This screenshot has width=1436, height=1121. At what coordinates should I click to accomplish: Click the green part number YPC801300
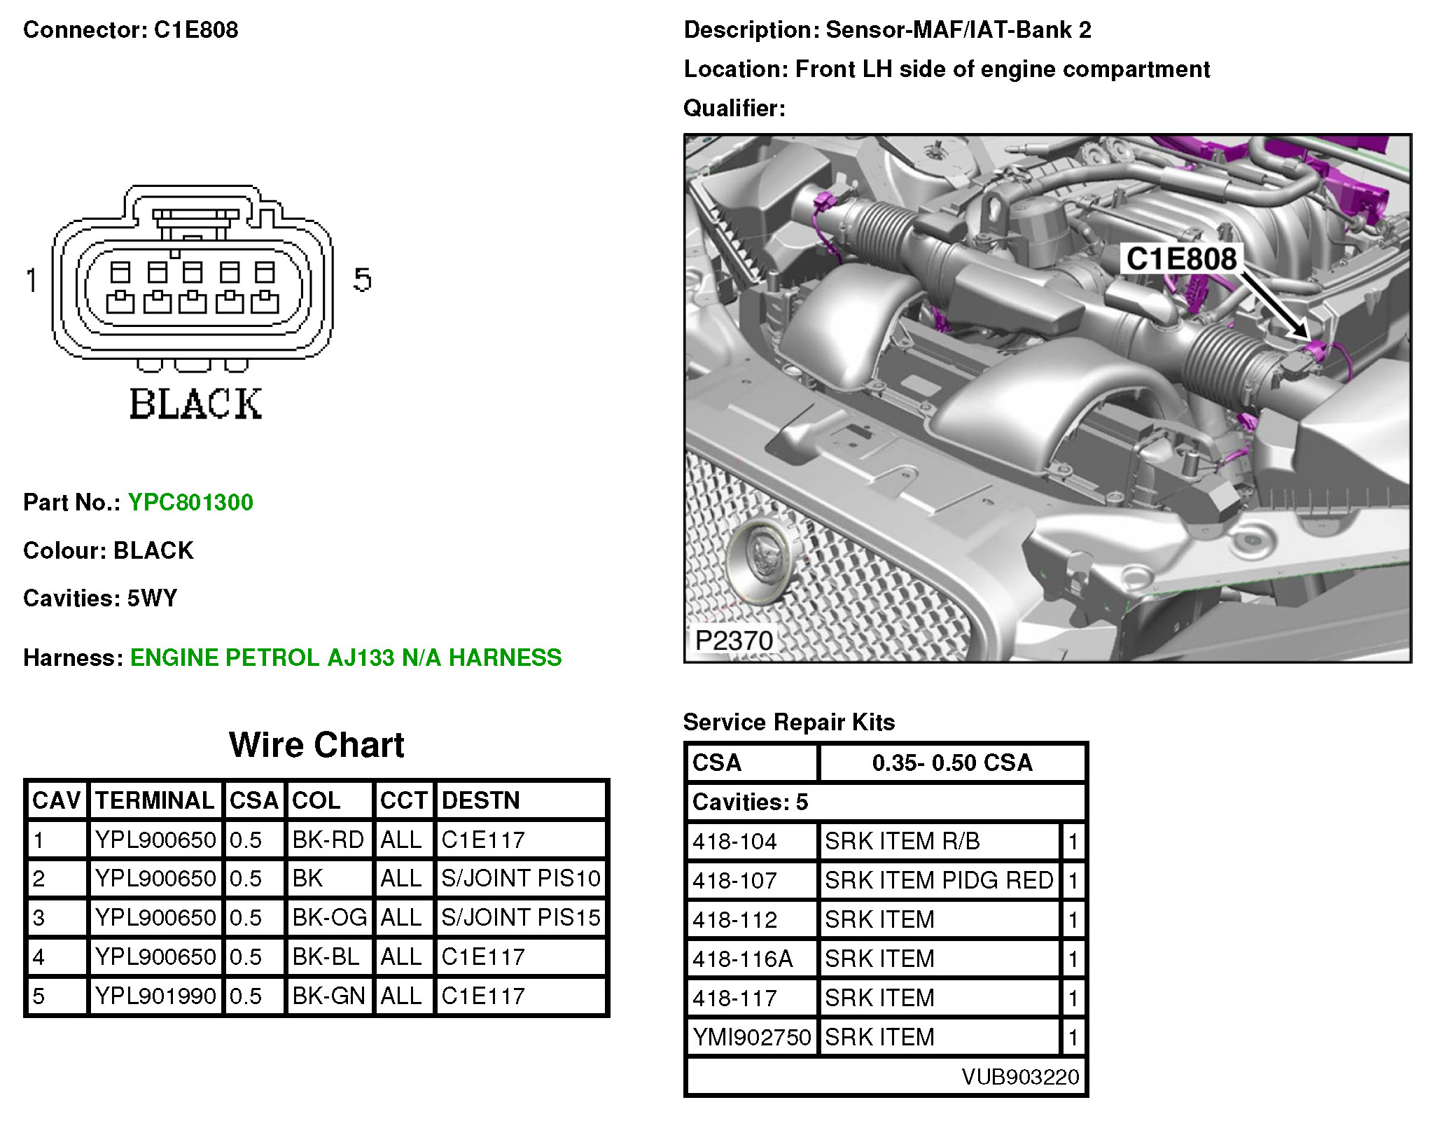point(190,502)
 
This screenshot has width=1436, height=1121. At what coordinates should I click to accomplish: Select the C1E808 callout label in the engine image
point(1181,259)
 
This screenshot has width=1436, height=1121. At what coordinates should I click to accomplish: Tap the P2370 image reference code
point(734,640)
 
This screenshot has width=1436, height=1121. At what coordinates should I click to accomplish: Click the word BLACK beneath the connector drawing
point(196,404)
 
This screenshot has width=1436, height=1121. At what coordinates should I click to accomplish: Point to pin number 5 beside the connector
point(362,279)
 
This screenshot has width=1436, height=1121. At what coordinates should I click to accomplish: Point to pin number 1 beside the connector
point(32,280)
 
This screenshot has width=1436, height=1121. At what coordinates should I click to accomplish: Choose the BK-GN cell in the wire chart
point(329,996)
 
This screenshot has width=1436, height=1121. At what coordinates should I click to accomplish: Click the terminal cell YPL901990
point(155,996)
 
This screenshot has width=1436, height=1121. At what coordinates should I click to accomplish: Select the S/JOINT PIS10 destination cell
point(521,878)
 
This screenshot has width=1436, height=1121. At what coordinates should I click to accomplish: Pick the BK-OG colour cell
point(329,917)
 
